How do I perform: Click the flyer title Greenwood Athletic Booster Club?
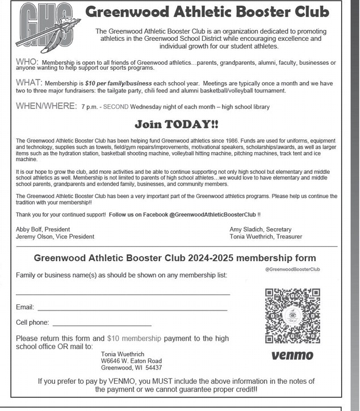[x=207, y=12]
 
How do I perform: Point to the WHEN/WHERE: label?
[x=46, y=106]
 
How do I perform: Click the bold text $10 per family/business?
[x=113, y=83]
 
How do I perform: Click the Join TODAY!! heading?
[x=176, y=124]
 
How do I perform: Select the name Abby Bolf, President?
[x=43, y=229]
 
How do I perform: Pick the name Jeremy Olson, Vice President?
[x=55, y=237]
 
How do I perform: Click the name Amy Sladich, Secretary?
[x=261, y=229]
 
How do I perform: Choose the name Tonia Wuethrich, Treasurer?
[x=266, y=237]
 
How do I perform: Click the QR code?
[x=292, y=316]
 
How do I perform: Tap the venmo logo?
[x=292, y=356]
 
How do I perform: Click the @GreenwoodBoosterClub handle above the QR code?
[x=292, y=269]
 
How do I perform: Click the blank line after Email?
[x=132, y=309]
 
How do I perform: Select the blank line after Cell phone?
[x=102, y=325]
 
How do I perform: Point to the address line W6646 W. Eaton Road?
[x=131, y=361]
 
